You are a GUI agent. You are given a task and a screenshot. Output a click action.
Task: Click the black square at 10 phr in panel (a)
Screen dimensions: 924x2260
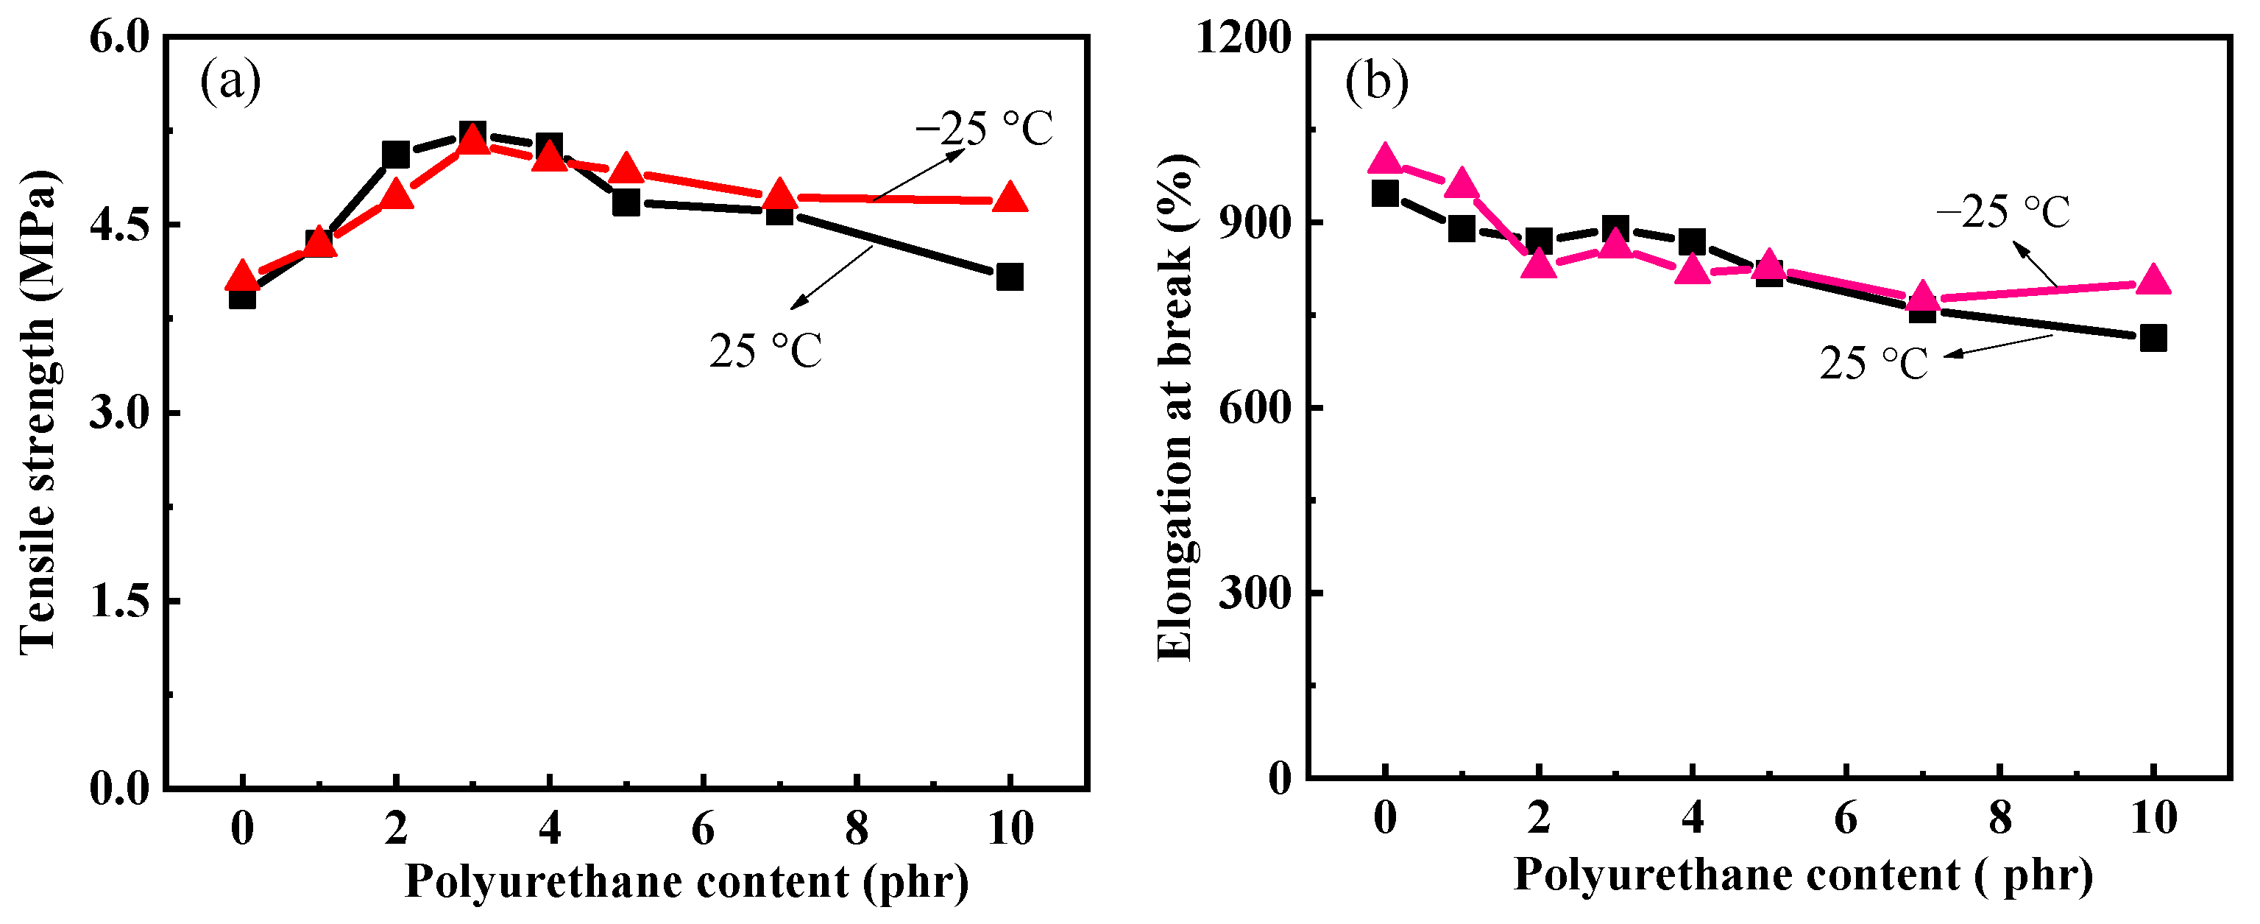click(x=1010, y=278)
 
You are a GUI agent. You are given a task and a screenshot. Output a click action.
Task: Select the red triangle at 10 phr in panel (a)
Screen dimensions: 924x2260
click(x=1010, y=198)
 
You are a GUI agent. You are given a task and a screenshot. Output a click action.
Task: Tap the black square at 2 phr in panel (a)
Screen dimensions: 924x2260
click(x=396, y=155)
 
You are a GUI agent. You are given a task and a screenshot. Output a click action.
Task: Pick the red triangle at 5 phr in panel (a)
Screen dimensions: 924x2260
click(x=626, y=169)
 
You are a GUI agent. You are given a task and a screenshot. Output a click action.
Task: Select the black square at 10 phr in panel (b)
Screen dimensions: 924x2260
click(x=2153, y=338)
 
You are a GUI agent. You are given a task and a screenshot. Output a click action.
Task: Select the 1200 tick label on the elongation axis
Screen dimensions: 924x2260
click(x=1244, y=37)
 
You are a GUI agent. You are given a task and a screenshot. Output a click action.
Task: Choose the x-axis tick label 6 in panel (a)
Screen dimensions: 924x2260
click(x=703, y=828)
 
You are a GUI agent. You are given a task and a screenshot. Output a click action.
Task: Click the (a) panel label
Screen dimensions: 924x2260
click(x=230, y=82)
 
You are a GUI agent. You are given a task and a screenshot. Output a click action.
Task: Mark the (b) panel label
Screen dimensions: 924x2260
click(x=1376, y=82)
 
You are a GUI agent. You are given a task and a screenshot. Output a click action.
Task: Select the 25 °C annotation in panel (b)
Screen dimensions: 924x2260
click(x=1874, y=363)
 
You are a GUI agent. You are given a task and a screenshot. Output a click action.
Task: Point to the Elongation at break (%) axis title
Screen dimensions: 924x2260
click(x=1175, y=408)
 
